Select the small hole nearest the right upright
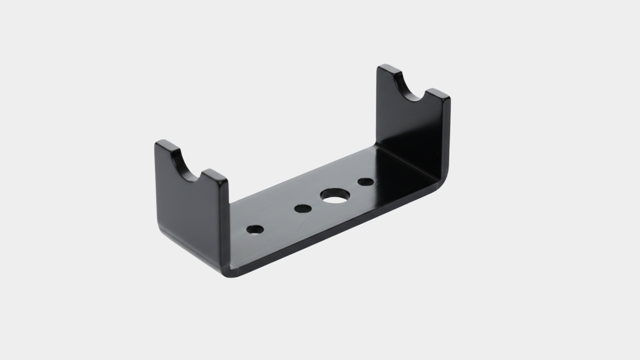point(366,182)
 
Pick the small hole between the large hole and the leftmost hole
point(303,209)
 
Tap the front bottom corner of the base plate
point(232,274)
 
